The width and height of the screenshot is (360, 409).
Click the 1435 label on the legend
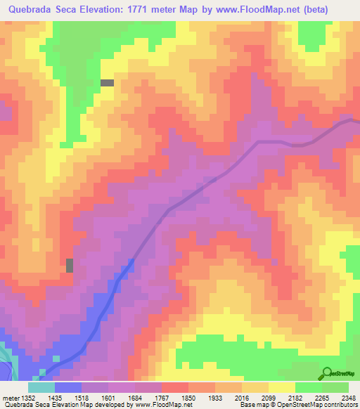pyautogui.click(x=54, y=397)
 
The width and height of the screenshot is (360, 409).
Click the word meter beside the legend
pyautogui.click(x=9, y=397)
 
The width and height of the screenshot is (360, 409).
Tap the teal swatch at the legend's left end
pyautogui.click(x=41, y=387)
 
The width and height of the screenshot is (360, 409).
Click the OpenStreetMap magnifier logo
pyautogui.click(x=328, y=372)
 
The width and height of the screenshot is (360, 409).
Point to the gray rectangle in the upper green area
pyautogui.click(x=108, y=83)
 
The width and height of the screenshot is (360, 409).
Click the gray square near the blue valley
pyautogui.click(x=70, y=265)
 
